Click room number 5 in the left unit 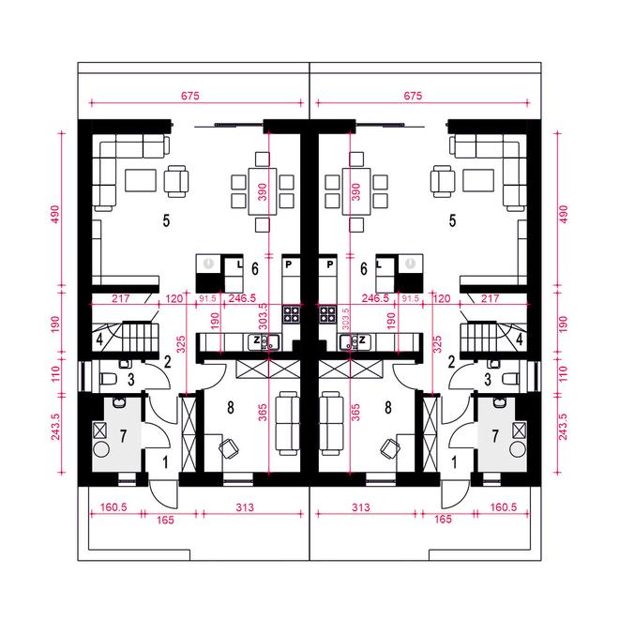click(x=166, y=220)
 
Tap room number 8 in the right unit click(x=388, y=407)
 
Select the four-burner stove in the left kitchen click(x=292, y=314)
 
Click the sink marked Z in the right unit click(x=355, y=342)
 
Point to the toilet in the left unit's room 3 click(x=108, y=380)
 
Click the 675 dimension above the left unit click(x=190, y=96)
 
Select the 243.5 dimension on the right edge click(x=563, y=427)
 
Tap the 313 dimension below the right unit click(x=361, y=507)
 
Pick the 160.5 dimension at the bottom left click(x=113, y=506)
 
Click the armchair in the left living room click(x=176, y=181)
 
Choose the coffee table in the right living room click(x=478, y=180)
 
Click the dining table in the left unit click(x=263, y=191)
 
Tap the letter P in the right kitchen click(x=330, y=264)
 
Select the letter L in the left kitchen click(x=239, y=264)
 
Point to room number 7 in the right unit click(x=495, y=436)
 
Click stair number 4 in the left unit click(x=99, y=340)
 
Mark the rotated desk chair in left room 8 click(x=229, y=449)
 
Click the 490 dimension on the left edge click(x=55, y=214)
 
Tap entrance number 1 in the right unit click(x=454, y=462)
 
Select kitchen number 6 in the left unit click(x=255, y=269)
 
